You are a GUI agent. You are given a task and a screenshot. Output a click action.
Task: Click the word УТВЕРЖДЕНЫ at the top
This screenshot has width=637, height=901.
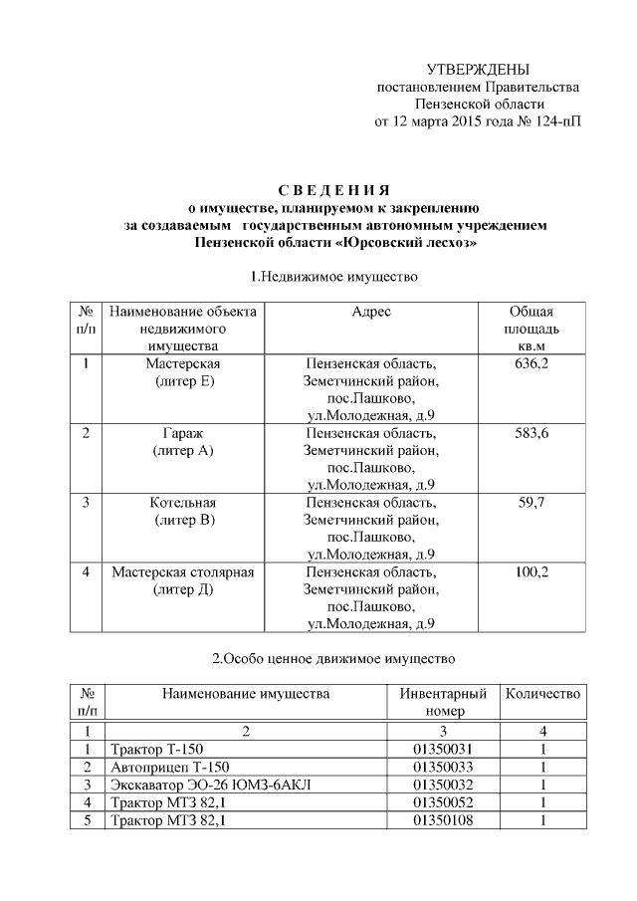point(478,69)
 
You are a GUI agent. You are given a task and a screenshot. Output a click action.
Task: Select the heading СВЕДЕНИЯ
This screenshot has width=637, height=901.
point(333,190)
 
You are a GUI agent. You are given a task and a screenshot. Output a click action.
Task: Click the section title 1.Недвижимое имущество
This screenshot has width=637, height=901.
point(333,275)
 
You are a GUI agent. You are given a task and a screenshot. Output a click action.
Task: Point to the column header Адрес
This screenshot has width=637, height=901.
point(371,312)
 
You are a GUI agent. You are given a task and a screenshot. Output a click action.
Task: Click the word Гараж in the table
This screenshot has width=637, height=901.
point(183,433)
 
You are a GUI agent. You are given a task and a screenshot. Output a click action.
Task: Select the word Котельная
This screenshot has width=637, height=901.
point(183,503)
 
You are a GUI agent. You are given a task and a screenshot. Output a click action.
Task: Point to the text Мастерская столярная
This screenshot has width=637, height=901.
point(183,572)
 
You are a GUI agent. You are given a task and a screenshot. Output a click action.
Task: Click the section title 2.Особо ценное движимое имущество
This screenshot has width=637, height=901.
point(333,658)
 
